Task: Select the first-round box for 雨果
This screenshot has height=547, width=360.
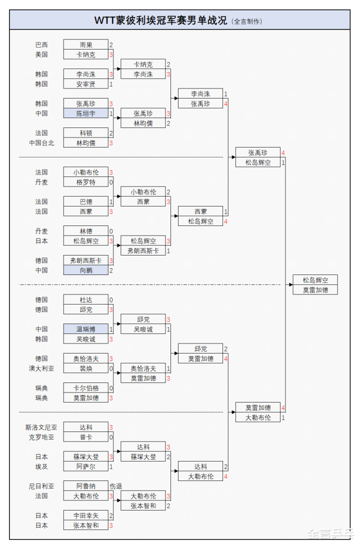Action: click(85, 45)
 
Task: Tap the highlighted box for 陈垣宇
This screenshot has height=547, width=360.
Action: click(85, 113)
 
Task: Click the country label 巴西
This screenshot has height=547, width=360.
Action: click(41, 45)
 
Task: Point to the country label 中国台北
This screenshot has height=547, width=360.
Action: click(41, 143)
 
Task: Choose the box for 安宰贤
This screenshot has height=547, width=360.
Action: click(85, 84)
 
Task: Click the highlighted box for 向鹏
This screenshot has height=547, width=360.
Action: click(85, 270)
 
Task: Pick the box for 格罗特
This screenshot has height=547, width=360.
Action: click(85, 182)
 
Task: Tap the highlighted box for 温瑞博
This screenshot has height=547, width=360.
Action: click(85, 329)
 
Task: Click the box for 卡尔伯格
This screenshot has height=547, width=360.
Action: click(85, 388)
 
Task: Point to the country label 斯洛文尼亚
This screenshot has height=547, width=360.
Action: click(41, 427)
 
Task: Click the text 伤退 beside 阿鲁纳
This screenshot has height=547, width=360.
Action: click(116, 486)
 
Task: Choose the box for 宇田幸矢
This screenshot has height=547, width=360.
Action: click(85, 515)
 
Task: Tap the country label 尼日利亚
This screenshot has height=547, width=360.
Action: click(41, 486)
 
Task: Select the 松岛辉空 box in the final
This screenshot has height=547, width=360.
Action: click(315, 280)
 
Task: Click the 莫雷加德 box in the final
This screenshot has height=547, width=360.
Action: click(315, 290)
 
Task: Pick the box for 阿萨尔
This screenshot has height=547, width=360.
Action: click(85, 466)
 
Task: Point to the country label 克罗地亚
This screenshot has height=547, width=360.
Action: click(41, 437)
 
